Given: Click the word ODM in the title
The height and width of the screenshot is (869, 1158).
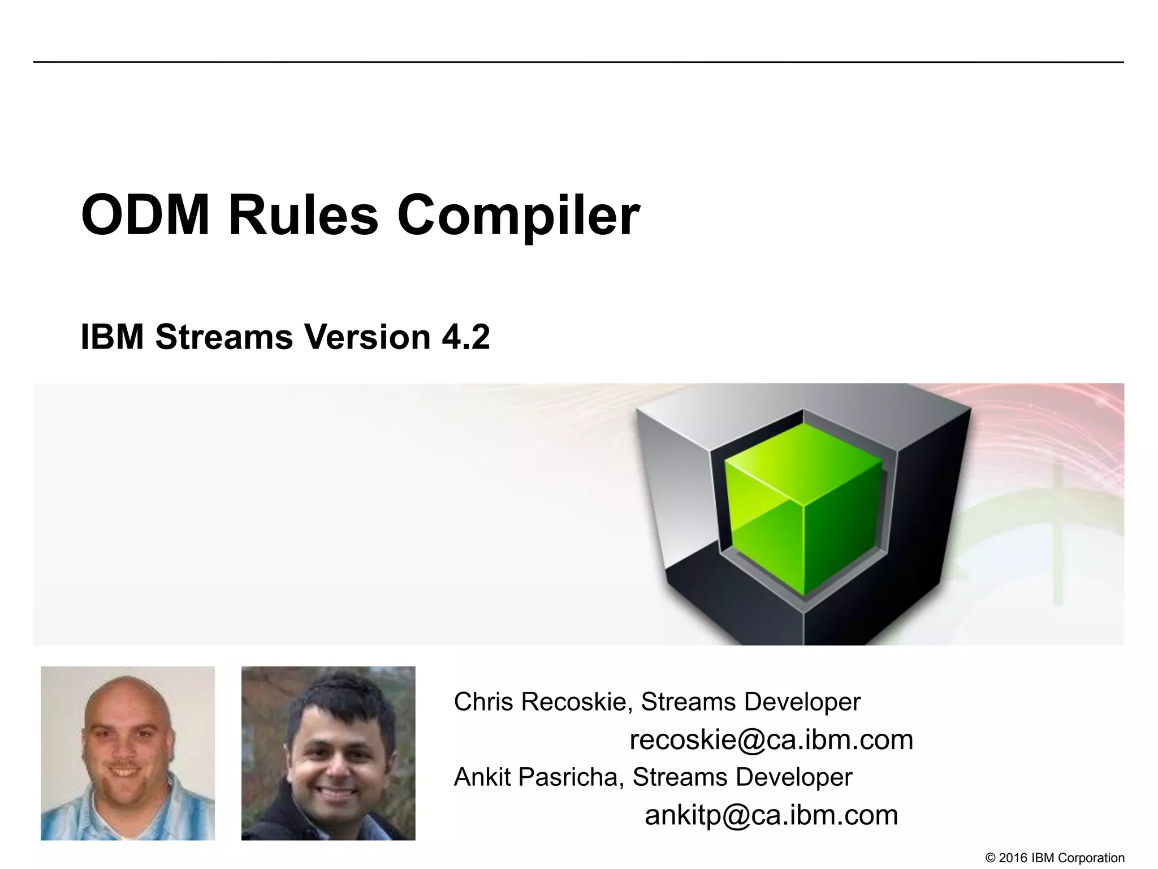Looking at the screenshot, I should click(145, 216).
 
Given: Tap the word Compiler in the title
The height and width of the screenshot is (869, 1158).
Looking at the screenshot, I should click(518, 216).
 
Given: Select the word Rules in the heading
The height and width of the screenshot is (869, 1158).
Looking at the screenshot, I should click(303, 216).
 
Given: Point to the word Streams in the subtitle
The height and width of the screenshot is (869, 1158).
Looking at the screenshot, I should click(224, 337).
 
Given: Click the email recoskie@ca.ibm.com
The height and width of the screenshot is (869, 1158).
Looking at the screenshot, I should click(771, 739).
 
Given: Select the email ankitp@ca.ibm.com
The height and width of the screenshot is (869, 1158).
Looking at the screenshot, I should click(771, 815).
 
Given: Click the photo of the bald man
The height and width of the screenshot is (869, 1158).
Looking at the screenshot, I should click(128, 753).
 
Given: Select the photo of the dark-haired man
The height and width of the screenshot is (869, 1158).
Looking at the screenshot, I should click(328, 753).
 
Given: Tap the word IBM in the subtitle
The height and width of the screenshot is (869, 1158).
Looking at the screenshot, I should click(112, 337).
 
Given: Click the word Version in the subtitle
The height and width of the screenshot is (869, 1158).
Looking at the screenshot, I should click(368, 337).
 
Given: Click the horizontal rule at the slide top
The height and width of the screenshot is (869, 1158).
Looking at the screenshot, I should click(578, 62).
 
